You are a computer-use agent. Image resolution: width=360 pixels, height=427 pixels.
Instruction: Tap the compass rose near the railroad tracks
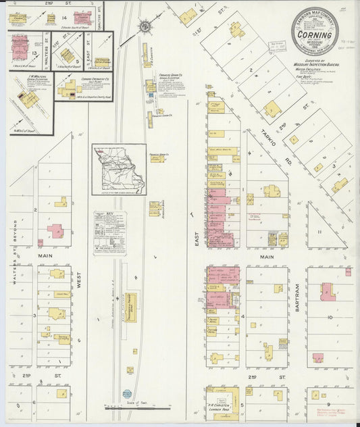[144, 27]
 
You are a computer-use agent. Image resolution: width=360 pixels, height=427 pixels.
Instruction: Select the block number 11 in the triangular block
[322, 231]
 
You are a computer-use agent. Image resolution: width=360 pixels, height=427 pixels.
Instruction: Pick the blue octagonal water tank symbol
[126, 393]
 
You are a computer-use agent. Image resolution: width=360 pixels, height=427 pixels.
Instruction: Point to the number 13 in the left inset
[34, 52]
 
